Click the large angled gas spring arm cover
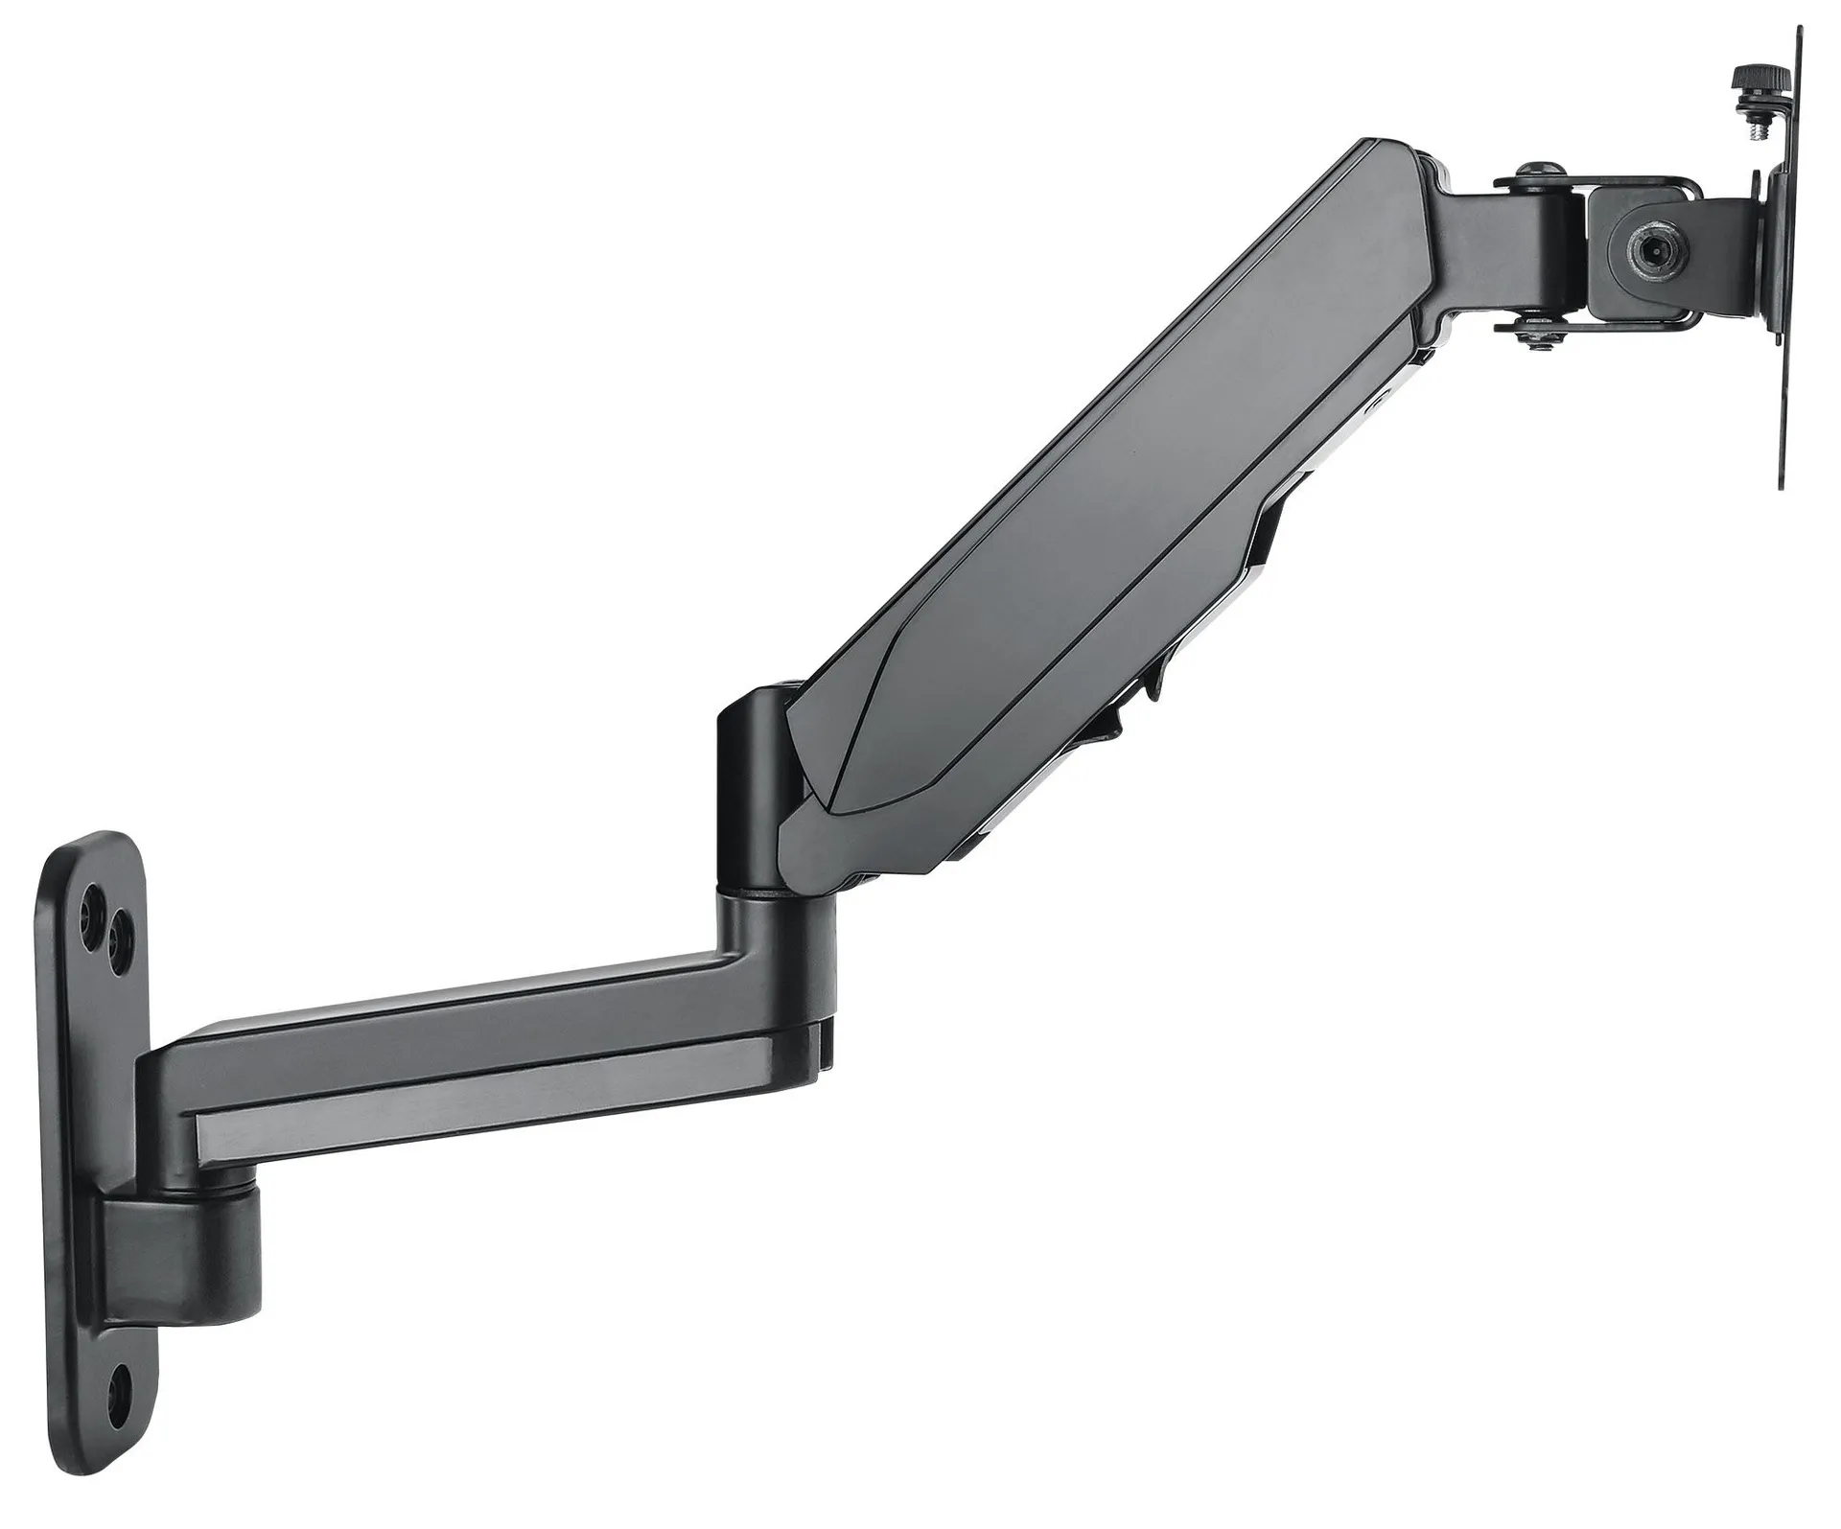(1103, 498)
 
